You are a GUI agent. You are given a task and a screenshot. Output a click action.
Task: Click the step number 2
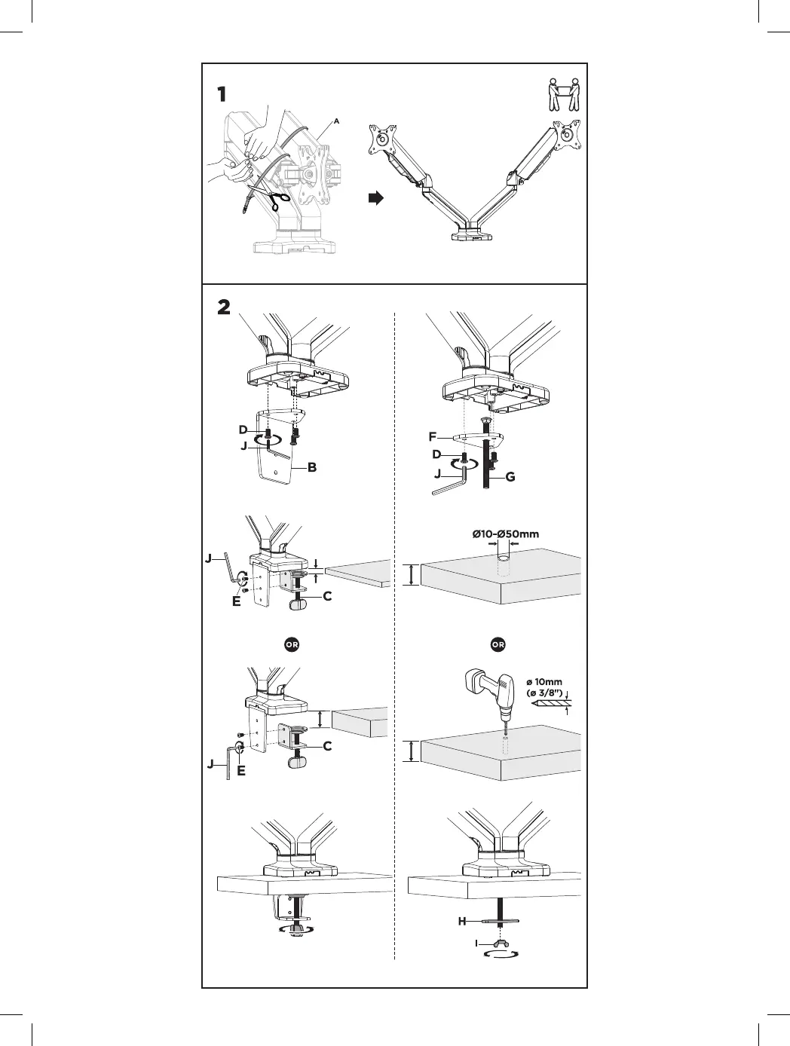pyautogui.click(x=224, y=308)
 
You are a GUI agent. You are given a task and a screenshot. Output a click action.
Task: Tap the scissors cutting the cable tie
pyautogui.click(x=277, y=200)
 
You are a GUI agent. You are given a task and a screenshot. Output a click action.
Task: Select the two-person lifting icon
pyautogui.click(x=564, y=93)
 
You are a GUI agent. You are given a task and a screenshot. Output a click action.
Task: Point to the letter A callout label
pyautogui.click(x=336, y=121)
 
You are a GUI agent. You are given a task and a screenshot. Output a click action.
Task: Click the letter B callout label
pyautogui.click(x=311, y=467)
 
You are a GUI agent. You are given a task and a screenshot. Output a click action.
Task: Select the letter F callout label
pyautogui.click(x=433, y=436)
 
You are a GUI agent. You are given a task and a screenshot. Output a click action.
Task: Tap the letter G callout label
pyautogui.click(x=510, y=477)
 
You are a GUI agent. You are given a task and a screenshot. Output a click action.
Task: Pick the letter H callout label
pyautogui.click(x=462, y=921)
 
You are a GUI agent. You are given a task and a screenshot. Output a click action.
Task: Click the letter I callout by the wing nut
pyautogui.click(x=476, y=943)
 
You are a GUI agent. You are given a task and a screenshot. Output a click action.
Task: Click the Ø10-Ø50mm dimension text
pyautogui.click(x=506, y=534)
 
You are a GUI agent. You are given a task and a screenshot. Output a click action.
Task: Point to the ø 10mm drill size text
pyautogui.click(x=543, y=682)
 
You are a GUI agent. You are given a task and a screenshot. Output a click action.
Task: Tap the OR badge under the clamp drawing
pyautogui.click(x=290, y=645)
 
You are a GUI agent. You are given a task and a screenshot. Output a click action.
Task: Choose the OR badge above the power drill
pyautogui.click(x=498, y=645)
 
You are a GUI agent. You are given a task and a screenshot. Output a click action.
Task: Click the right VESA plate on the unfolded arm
pyautogui.click(x=567, y=136)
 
